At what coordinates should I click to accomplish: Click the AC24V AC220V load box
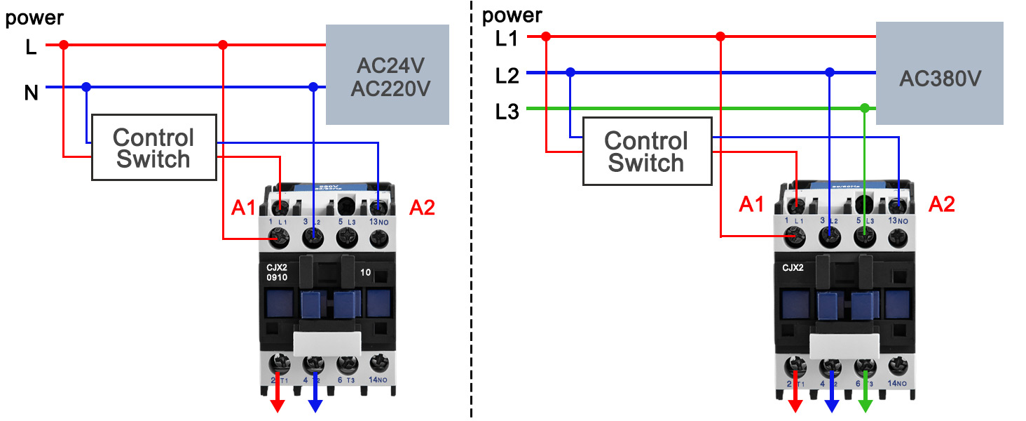pyautogui.click(x=387, y=75)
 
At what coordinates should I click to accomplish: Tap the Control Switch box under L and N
pyautogui.click(x=153, y=148)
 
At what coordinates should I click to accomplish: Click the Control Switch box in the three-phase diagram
pyautogui.click(x=645, y=152)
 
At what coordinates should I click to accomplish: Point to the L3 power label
pyautogui.click(x=507, y=111)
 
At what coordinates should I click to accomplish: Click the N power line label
pyautogui.click(x=32, y=92)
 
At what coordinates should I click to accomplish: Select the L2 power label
pyautogui.click(x=507, y=75)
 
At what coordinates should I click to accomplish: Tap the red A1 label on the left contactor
pyautogui.click(x=242, y=208)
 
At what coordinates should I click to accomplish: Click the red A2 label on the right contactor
pyautogui.click(x=941, y=204)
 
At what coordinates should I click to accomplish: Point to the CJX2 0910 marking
pyautogui.click(x=277, y=272)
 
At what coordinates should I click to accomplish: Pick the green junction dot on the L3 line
pyautogui.click(x=865, y=108)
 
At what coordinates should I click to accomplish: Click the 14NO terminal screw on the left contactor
pyautogui.click(x=379, y=363)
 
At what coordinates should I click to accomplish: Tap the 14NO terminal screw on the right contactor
pyautogui.click(x=897, y=365)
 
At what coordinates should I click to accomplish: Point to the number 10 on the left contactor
pyautogui.click(x=366, y=272)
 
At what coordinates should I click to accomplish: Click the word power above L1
pyautogui.click(x=512, y=15)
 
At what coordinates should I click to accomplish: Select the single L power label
pyautogui.click(x=31, y=48)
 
